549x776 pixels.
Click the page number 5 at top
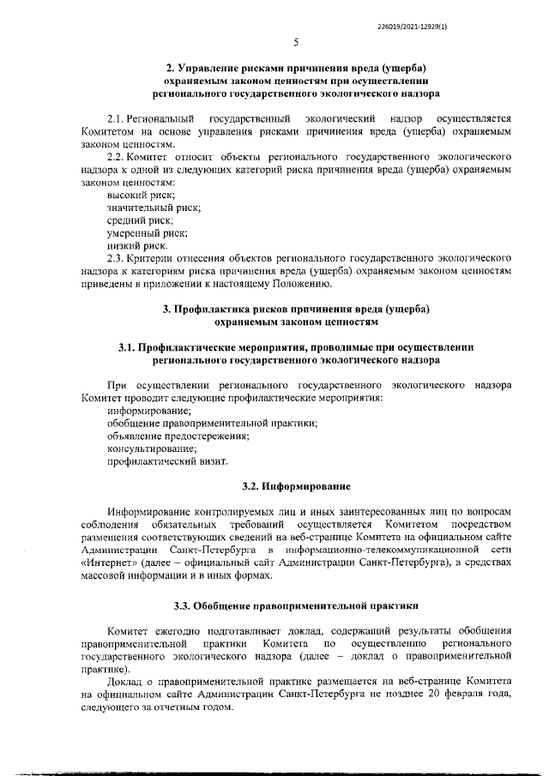click(296, 42)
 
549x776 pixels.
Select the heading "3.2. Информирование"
click(296, 486)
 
